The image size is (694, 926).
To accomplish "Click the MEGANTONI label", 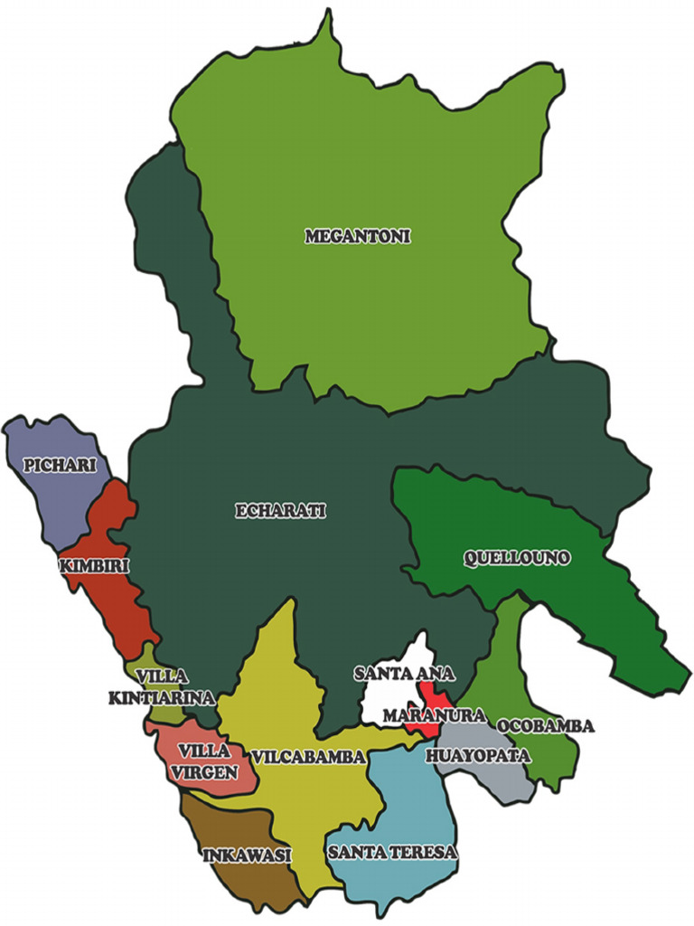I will point(358,237).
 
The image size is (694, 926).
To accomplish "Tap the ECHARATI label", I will point(280,511).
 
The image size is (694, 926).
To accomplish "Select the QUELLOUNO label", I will point(517,559).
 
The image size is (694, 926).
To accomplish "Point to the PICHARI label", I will point(52,465).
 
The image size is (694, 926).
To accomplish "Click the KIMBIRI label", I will point(94,567).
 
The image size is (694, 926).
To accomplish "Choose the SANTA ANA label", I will point(404,674).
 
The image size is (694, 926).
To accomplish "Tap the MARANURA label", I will point(427,716).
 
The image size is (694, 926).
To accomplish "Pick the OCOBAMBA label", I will point(545,726).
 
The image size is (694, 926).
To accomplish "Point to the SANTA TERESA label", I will point(393,852).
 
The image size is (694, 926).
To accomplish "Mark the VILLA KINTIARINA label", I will point(162,687).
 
